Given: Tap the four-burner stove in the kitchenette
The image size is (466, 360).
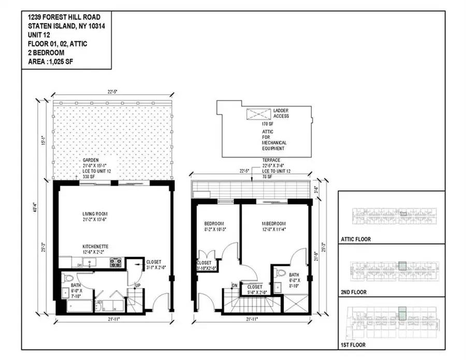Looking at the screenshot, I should tap(115, 263).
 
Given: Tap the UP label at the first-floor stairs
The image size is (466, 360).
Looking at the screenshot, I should tap(137, 285).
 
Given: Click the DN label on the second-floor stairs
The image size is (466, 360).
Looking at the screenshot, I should tap(234, 285).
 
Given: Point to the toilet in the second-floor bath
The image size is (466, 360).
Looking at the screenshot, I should tap(280, 272).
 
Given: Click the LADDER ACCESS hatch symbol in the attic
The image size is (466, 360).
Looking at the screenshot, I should tap(256, 113).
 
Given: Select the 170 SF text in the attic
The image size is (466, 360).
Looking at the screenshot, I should tap(268, 124).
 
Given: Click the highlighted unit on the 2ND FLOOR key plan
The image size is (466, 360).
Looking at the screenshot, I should tap(402, 266).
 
